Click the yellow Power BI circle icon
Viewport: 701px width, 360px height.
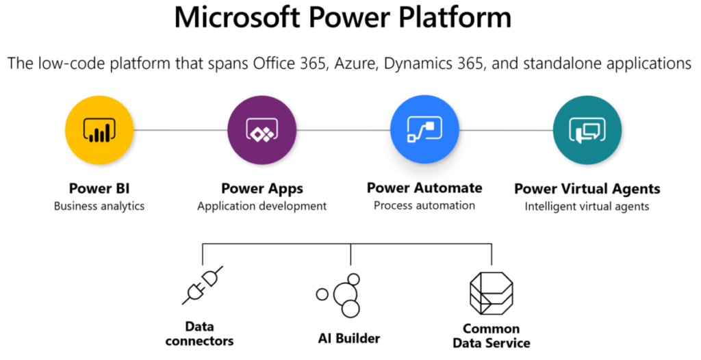pos(99,130)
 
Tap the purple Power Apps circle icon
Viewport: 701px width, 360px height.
pos(262,130)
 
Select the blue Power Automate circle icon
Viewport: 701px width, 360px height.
pos(424,130)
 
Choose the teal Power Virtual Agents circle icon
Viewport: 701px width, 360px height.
pos(587,130)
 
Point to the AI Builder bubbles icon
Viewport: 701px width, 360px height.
pos(343,295)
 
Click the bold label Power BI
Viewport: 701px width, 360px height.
pos(99,188)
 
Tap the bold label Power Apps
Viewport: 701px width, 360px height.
pos(262,188)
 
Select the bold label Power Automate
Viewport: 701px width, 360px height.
pos(424,188)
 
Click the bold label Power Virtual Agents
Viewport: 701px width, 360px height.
pos(587,188)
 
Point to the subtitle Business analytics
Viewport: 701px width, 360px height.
pos(99,205)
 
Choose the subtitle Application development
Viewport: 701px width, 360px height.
pos(262,205)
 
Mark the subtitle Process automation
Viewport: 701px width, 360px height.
pos(424,205)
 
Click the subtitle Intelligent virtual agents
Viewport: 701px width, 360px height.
pos(587,205)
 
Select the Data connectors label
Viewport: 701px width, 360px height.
pos(199,334)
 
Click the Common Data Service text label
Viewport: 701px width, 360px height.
pos(492,335)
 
